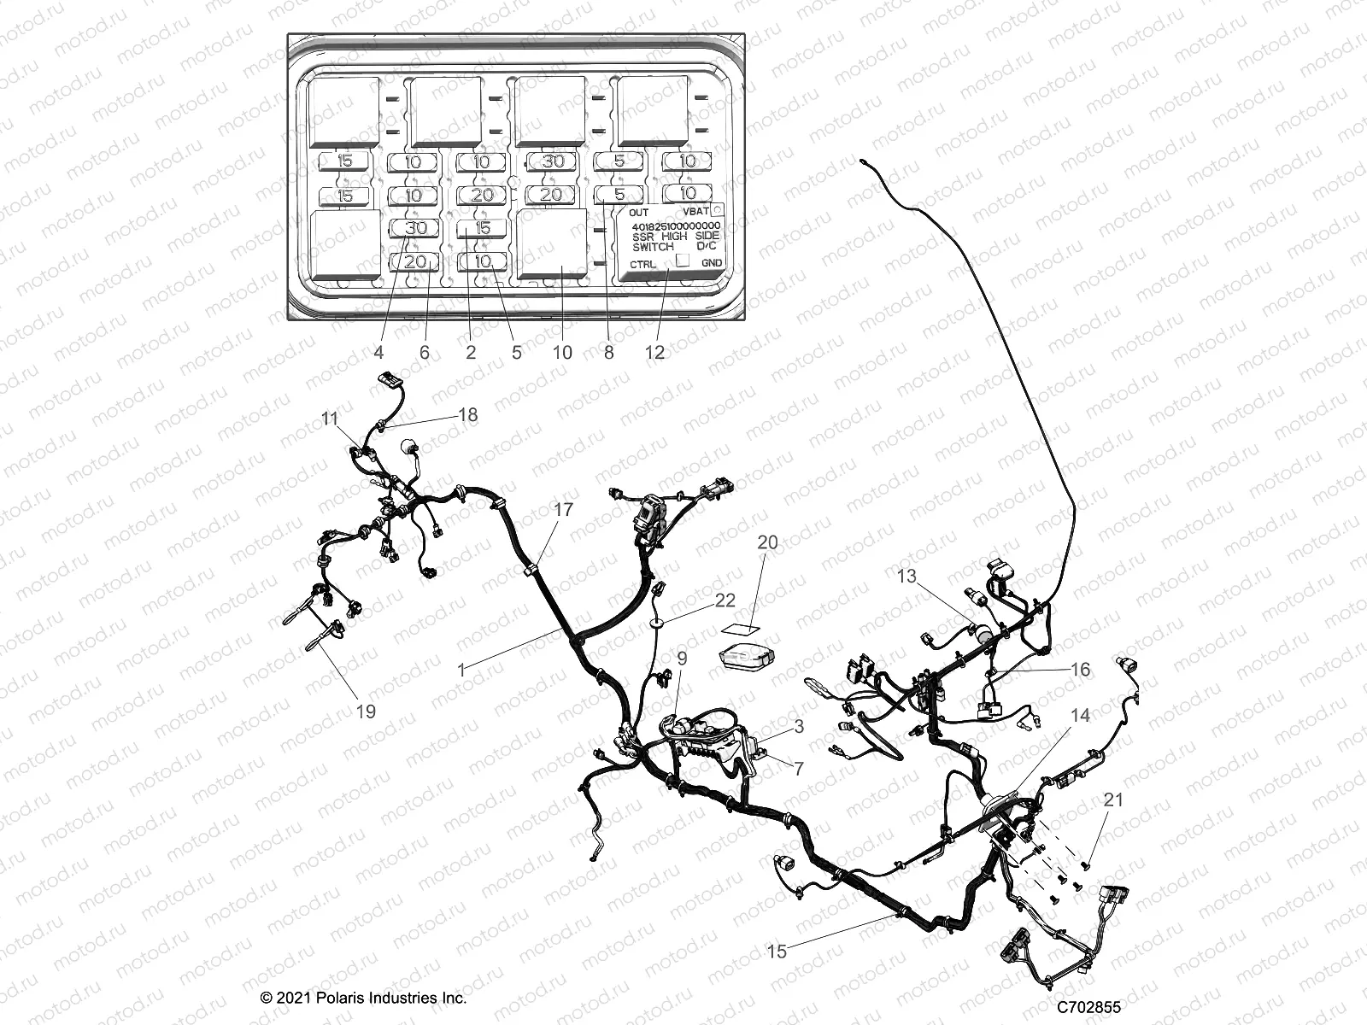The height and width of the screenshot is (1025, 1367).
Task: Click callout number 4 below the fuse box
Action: click(x=379, y=351)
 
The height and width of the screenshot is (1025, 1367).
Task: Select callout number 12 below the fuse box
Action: click(x=655, y=351)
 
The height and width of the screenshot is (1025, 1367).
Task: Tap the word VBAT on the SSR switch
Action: click(x=696, y=210)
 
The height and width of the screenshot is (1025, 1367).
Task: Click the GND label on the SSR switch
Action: click(x=711, y=263)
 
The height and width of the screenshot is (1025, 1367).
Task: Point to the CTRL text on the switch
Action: click(x=643, y=264)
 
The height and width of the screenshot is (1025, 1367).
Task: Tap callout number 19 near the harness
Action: click(x=366, y=711)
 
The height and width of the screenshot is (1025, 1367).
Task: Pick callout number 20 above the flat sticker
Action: click(x=768, y=542)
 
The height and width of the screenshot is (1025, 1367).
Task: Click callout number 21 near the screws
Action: click(x=1113, y=799)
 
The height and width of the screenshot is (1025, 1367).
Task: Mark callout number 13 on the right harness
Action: click(x=906, y=577)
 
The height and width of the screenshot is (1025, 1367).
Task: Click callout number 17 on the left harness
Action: click(x=563, y=510)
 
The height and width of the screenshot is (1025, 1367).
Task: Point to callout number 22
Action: click(x=725, y=600)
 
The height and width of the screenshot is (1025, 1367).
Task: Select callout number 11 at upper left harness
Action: click(x=331, y=418)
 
